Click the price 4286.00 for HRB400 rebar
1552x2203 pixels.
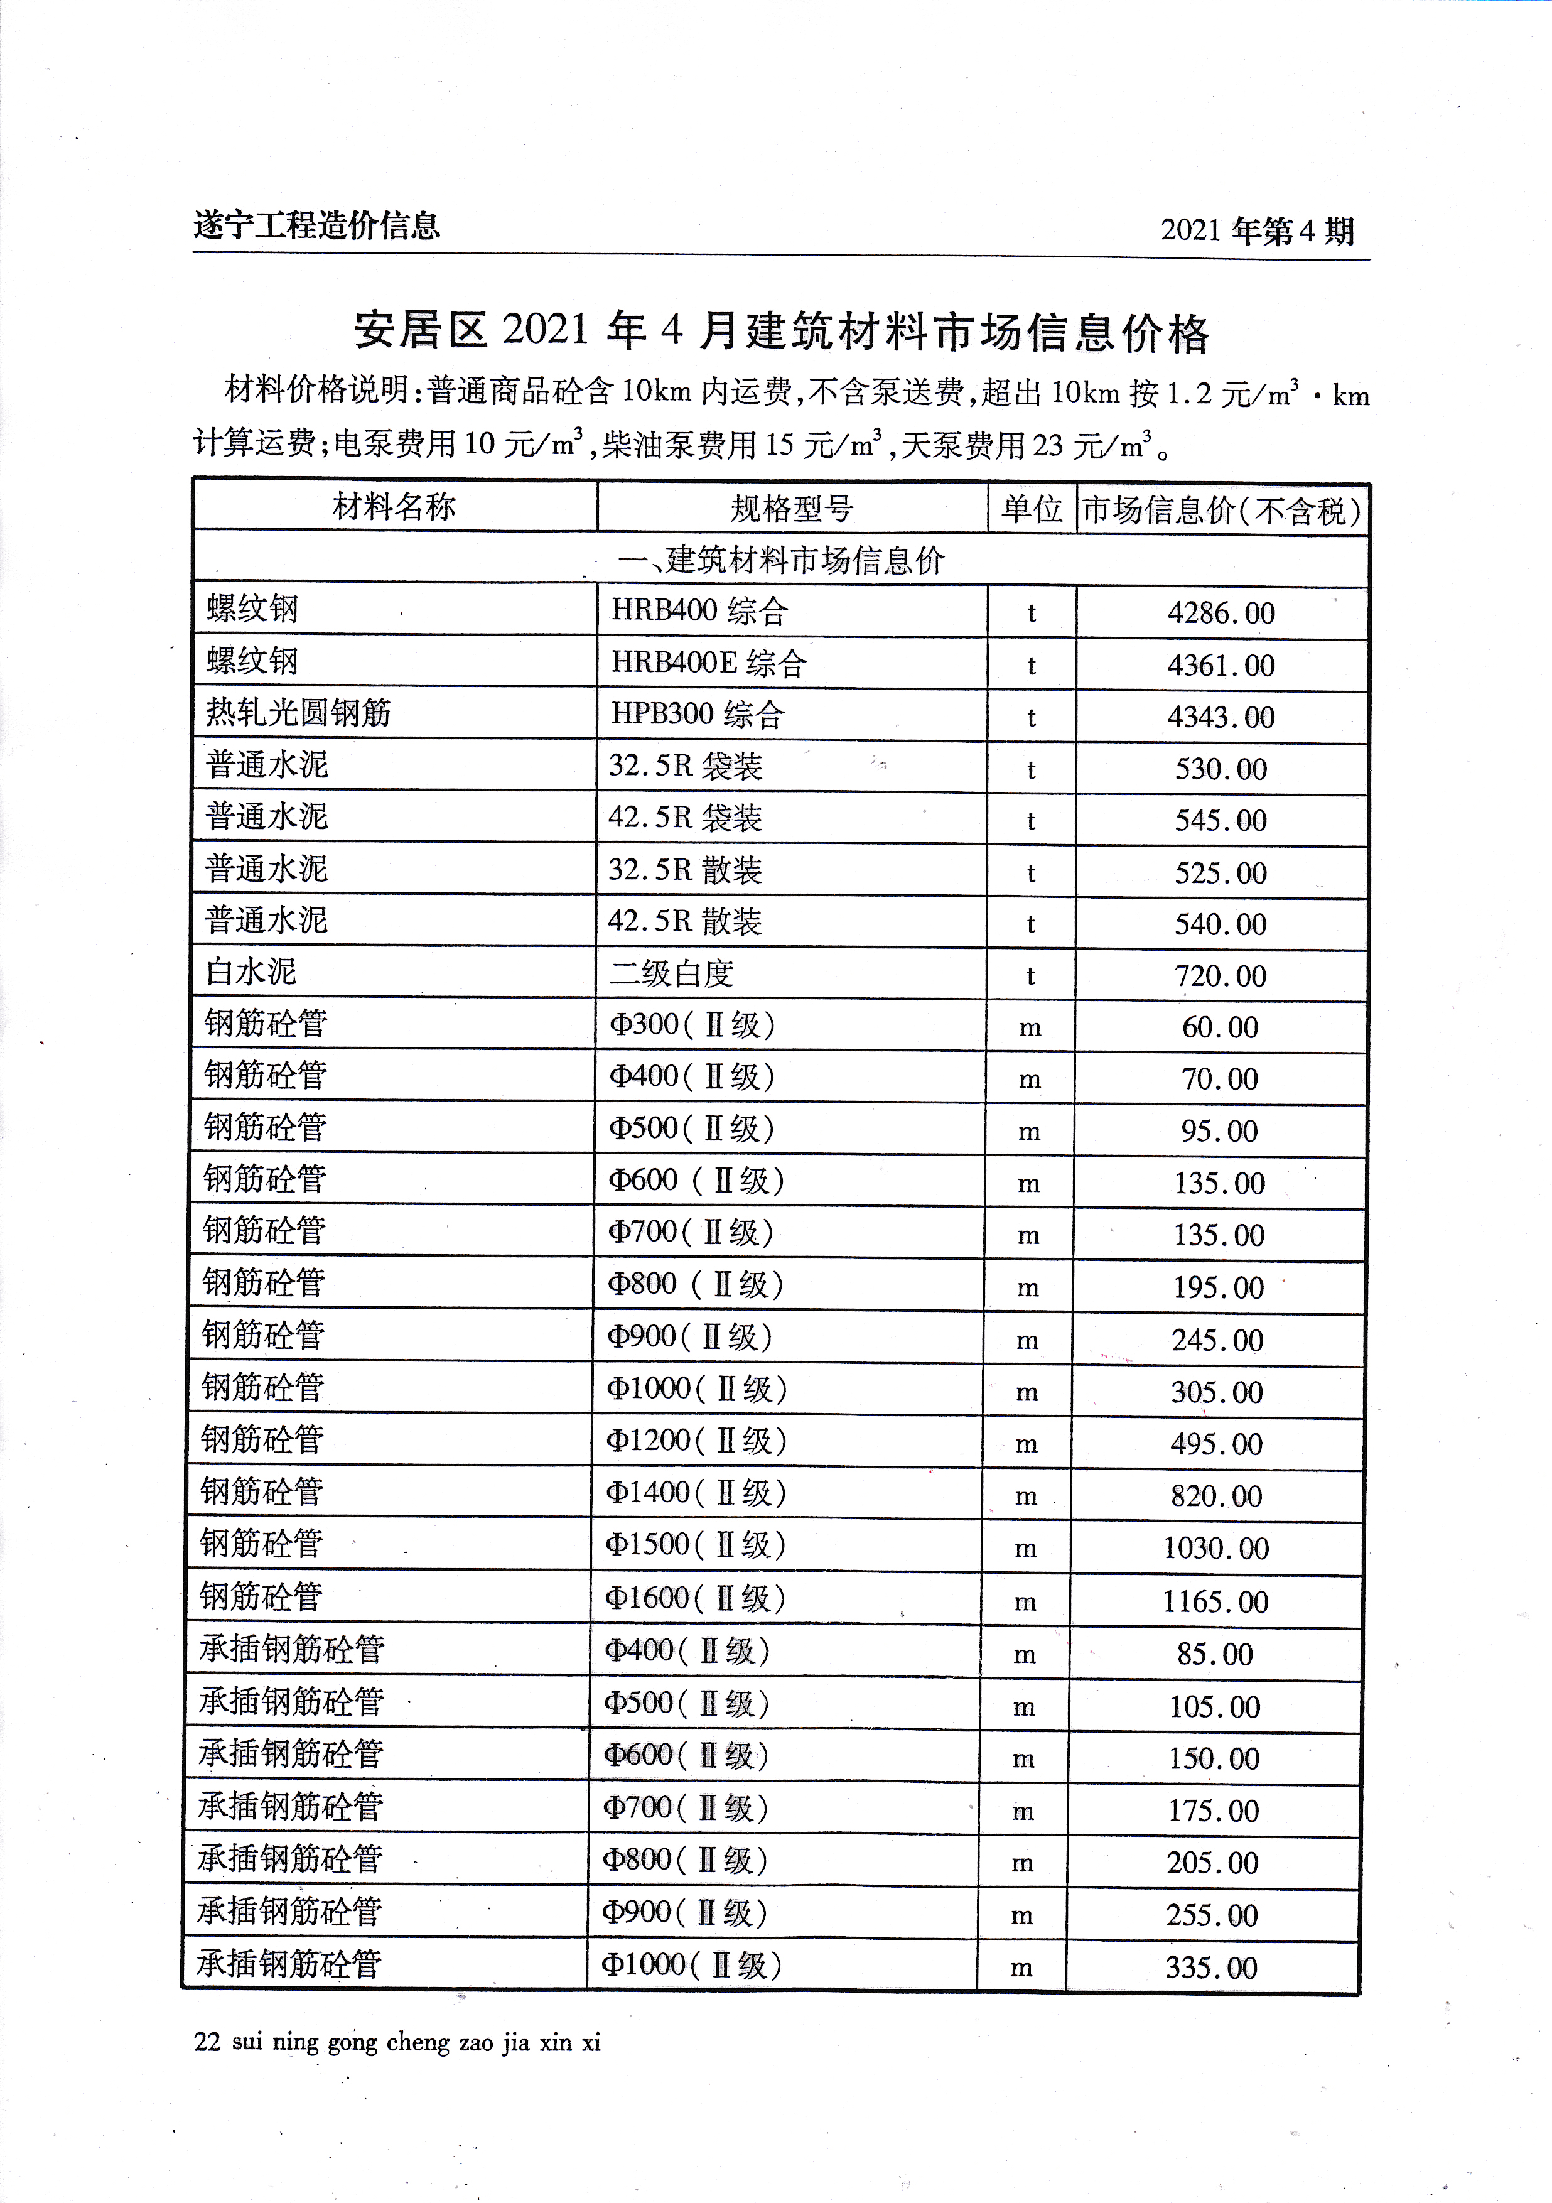pos(1220,613)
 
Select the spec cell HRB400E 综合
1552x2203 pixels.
pos(708,663)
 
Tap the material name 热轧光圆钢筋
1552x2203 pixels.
pos(298,713)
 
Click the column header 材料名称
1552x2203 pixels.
pos(394,507)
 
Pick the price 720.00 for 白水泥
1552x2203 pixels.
pos(1220,976)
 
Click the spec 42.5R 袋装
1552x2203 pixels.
pos(685,818)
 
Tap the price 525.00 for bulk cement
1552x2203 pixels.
pos(1220,873)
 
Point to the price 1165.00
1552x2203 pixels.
pos(1215,1601)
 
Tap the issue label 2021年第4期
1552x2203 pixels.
pos(1256,231)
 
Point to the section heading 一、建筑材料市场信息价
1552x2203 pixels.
pos(781,560)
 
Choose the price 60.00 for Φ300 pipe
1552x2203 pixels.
pos(1219,1027)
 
